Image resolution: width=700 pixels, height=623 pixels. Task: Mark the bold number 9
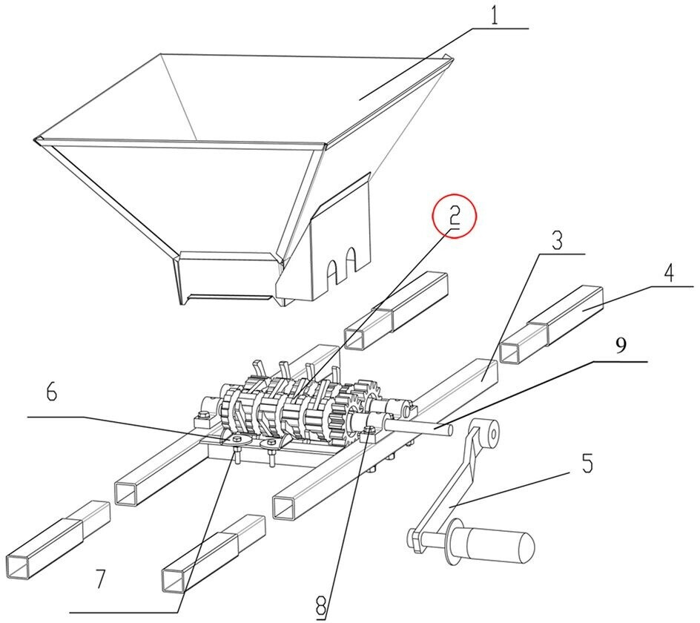622,346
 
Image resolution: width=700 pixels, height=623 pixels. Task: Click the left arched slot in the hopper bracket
334,268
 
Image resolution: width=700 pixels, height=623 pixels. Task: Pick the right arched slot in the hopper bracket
352,261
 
